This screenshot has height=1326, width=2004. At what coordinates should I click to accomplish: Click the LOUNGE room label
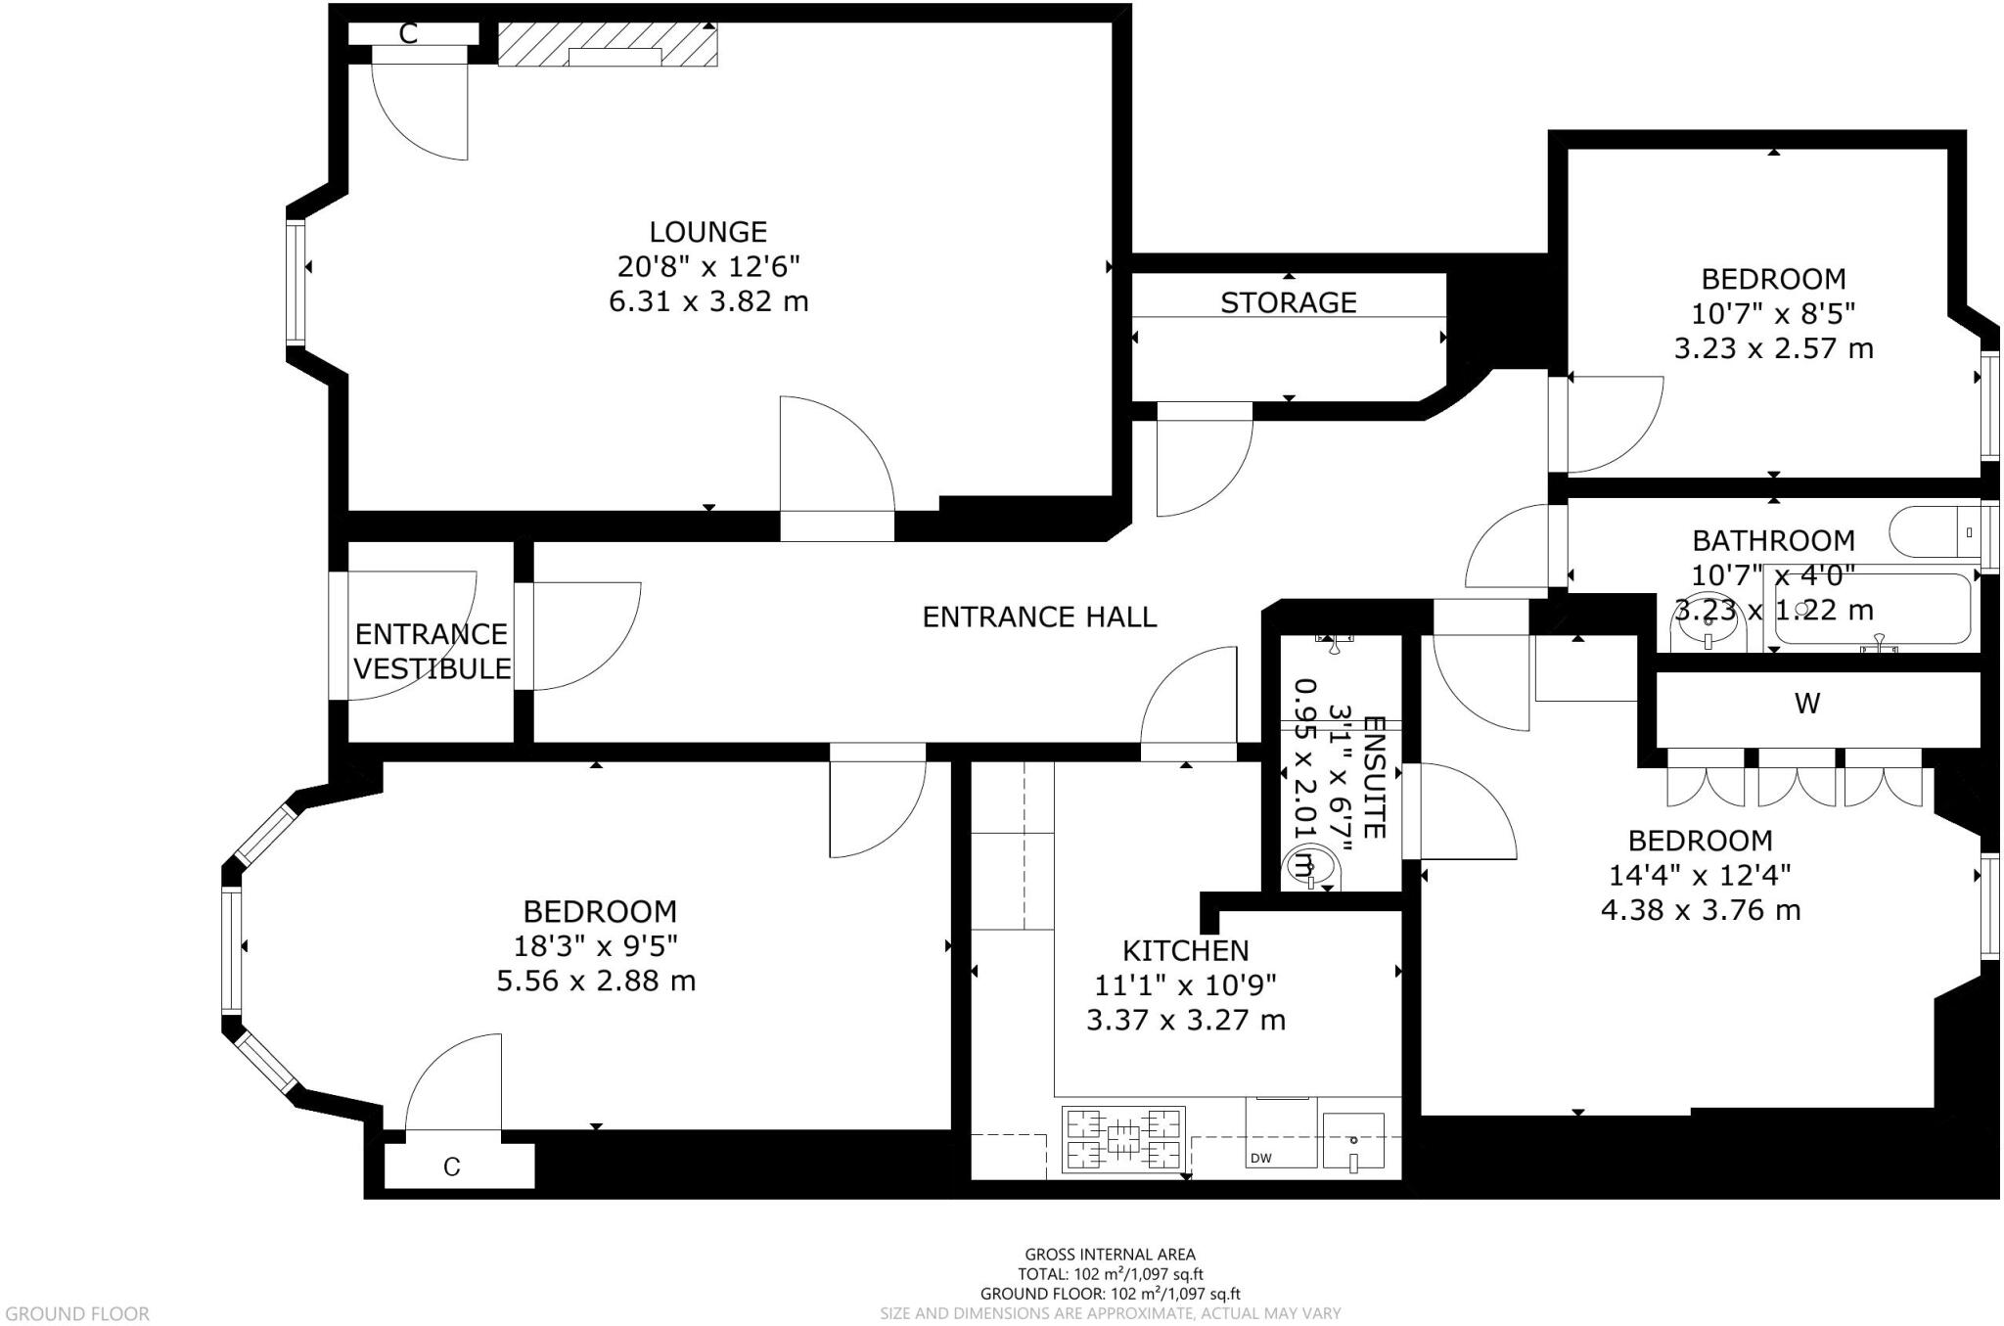(x=707, y=232)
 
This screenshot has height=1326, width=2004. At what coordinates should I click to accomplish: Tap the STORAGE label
(x=1288, y=302)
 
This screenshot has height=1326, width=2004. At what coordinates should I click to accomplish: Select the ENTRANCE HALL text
(x=1039, y=617)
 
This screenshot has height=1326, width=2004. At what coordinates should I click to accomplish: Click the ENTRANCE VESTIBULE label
(x=432, y=651)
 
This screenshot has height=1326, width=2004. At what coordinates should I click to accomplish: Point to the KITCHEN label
(x=1185, y=950)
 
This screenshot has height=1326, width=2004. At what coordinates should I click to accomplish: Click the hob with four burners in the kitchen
(x=1123, y=1140)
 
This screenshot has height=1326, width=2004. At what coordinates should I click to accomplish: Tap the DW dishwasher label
(x=1260, y=1159)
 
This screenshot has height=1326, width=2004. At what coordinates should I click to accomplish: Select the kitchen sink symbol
(x=1352, y=1141)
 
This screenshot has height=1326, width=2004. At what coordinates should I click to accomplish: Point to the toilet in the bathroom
(x=1933, y=532)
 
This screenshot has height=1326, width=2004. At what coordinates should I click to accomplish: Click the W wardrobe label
(x=1806, y=703)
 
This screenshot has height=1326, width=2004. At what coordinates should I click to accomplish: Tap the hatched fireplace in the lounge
(x=608, y=45)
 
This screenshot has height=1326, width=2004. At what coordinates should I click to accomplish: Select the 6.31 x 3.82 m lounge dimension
(x=708, y=301)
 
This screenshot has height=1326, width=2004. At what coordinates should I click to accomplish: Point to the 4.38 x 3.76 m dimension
(x=1700, y=910)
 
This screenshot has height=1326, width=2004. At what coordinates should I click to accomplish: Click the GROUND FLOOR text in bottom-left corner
(x=77, y=1313)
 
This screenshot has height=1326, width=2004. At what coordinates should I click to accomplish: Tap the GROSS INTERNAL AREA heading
(x=1110, y=1254)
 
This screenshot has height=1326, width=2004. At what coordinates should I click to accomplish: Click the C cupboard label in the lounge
(x=408, y=34)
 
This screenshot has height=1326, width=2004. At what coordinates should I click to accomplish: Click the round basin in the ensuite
(x=1311, y=867)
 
